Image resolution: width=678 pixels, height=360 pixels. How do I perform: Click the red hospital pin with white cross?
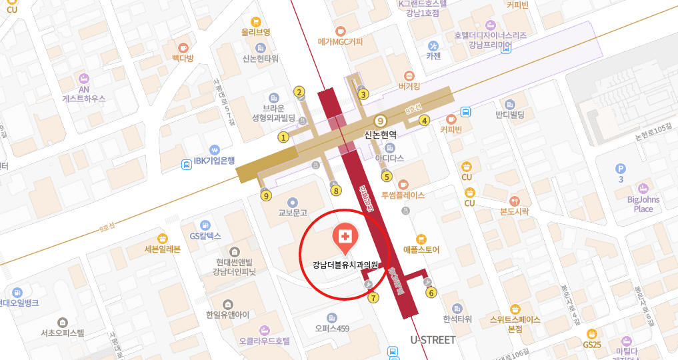345,237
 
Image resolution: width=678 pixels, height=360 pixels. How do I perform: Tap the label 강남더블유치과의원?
345,265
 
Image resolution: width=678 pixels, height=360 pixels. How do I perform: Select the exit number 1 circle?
283,137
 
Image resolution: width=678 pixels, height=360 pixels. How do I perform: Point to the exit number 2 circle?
300,93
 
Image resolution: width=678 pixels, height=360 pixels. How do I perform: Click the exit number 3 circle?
363,94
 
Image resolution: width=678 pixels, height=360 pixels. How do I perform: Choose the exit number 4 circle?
424,121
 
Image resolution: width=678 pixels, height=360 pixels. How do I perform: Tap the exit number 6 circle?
431,292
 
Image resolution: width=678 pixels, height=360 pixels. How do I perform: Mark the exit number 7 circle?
373,297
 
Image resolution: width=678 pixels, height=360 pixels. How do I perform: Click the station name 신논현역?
381,134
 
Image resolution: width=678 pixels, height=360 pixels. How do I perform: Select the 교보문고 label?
293,213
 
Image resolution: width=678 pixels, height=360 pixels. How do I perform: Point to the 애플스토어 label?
421,250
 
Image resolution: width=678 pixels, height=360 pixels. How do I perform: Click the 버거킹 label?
409,86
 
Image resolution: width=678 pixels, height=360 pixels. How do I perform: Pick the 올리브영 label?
256,32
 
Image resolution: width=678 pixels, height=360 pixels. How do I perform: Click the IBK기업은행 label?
214,161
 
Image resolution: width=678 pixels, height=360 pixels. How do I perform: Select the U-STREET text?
433,341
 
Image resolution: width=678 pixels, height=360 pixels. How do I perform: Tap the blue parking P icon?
621,169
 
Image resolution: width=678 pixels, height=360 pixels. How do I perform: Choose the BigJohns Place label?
643,204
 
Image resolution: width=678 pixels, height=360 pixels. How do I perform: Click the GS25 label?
592,345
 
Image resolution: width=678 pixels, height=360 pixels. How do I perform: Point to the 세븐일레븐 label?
163,251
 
